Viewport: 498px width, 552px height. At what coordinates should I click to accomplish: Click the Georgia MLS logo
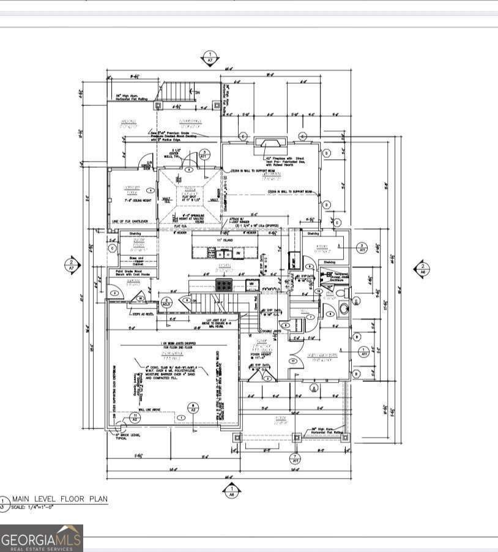(x=41, y=538)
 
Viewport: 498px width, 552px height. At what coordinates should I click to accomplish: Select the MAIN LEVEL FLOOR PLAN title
(x=59, y=499)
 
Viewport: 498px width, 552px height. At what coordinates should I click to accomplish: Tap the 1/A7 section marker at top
(x=210, y=58)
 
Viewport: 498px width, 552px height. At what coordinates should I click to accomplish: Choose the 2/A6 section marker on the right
(x=421, y=269)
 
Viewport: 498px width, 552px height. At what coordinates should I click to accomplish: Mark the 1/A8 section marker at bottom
(x=231, y=490)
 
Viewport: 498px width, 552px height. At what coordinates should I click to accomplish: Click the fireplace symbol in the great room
(x=270, y=143)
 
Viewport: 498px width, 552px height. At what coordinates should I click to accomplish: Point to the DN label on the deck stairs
(x=197, y=92)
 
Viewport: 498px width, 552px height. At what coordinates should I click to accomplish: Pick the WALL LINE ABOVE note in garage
(x=149, y=410)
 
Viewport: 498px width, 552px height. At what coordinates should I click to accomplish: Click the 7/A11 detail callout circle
(x=295, y=458)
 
